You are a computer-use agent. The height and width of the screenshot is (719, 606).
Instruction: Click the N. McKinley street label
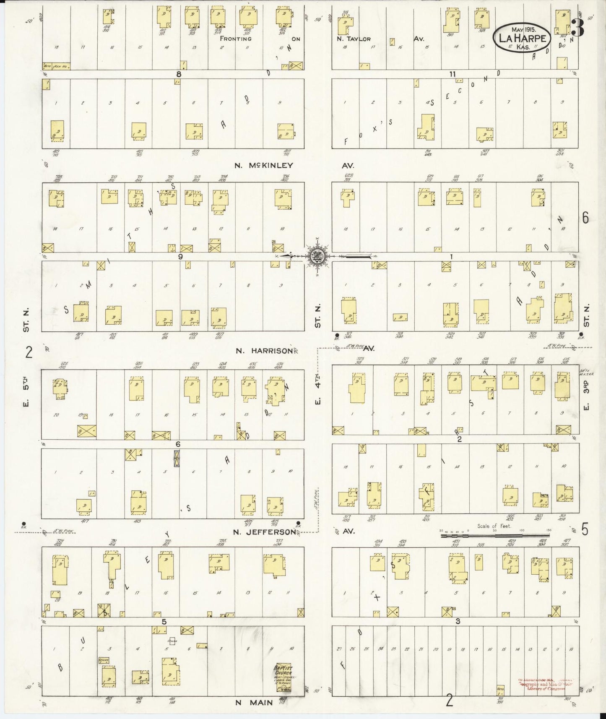[x=264, y=166]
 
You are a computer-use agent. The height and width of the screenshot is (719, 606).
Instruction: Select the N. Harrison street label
[x=264, y=351]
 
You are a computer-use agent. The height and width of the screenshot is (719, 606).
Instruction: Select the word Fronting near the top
[x=236, y=39]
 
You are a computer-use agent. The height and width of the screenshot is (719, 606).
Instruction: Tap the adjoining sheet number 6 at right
[x=585, y=218]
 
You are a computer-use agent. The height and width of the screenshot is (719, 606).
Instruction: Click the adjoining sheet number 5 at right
[x=585, y=531]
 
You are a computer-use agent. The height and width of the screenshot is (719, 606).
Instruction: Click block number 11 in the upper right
[x=452, y=74]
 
